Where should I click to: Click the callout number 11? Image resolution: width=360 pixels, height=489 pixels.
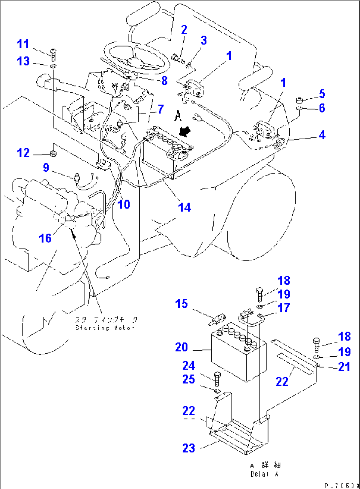point(23,44)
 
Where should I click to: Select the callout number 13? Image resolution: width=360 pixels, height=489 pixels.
point(23,61)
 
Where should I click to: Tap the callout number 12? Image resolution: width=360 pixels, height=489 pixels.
point(23,153)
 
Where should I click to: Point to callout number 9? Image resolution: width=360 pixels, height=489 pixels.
point(46,167)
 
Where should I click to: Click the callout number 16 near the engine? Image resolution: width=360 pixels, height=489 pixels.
point(45,238)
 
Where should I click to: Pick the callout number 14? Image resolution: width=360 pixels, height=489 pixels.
point(184,207)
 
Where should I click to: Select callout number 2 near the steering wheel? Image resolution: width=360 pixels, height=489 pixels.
point(184,30)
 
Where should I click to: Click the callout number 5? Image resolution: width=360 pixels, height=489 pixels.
point(322,94)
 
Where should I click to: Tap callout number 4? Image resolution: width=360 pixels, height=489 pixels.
point(322,135)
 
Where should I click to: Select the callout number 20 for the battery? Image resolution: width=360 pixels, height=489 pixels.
point(181,347)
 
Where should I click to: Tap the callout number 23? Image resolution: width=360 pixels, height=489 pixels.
point(189,448)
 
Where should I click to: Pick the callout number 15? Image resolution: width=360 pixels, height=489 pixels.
point(181,304)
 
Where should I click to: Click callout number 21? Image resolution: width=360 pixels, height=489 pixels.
point(344,367)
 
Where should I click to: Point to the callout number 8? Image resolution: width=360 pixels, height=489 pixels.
point(164,80)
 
